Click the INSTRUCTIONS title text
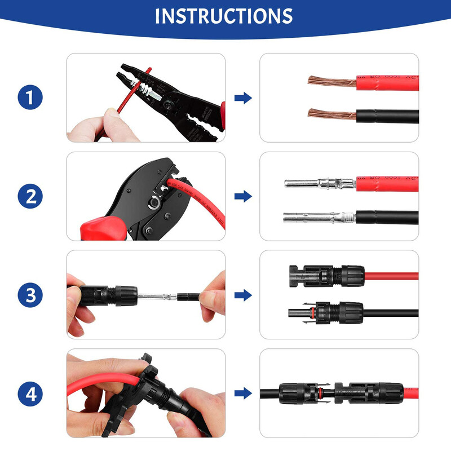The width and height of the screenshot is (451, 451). click(224, 16)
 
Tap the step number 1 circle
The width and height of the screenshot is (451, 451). click(30, 98)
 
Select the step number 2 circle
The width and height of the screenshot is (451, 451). click(30, 196)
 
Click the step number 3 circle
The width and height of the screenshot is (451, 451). click(30, 295)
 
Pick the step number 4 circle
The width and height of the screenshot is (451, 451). click(30, 393)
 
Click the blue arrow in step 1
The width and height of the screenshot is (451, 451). click(243, 98)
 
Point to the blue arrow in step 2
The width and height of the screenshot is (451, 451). click(243, 196)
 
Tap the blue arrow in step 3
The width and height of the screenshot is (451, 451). click(243, 295)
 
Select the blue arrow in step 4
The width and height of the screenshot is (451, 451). click(243, 393)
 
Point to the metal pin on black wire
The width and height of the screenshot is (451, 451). click(316, 217)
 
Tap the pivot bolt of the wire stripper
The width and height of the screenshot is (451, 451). click(169, 104)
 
